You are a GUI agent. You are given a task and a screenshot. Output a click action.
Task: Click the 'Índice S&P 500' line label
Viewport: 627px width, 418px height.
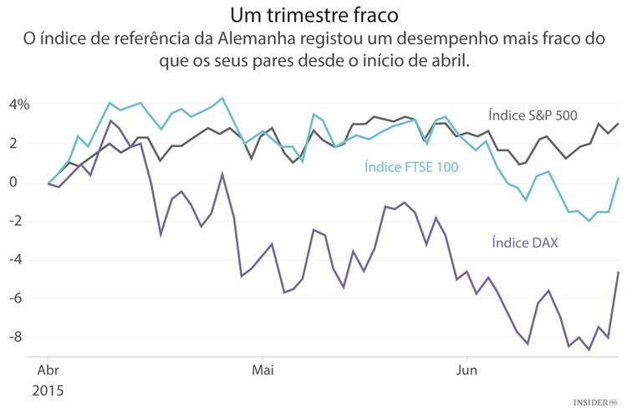coord(533,115)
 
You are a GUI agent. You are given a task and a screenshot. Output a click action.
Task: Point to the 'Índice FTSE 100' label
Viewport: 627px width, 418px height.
coord(412,167)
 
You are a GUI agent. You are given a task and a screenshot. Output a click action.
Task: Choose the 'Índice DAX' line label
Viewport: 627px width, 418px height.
coord(524,242)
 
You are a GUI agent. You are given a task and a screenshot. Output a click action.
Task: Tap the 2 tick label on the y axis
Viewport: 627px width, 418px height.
coord(25,143)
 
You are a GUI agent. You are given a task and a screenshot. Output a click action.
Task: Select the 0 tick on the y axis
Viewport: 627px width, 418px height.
coord(25,182)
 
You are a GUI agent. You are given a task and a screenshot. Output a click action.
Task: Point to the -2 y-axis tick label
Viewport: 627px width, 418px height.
coord(23,221)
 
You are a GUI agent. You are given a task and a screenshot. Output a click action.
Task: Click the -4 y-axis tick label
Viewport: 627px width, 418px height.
coord(23,259)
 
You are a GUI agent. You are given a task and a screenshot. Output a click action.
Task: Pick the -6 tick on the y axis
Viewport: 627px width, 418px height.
coord(23,298)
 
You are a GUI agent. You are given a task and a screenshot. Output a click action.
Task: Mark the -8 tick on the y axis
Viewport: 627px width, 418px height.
coord(23,337)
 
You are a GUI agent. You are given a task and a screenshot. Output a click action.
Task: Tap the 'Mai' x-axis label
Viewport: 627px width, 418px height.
coord(263,369)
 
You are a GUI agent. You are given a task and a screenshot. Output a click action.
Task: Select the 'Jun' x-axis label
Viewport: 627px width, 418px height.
coord(466,369)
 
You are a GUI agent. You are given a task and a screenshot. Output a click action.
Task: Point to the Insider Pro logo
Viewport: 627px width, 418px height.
coord(594,403)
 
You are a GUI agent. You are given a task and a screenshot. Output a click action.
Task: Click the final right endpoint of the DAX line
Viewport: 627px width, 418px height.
coord(618,273)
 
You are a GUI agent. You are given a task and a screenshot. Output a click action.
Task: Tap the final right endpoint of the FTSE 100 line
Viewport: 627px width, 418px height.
coord(618,178)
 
